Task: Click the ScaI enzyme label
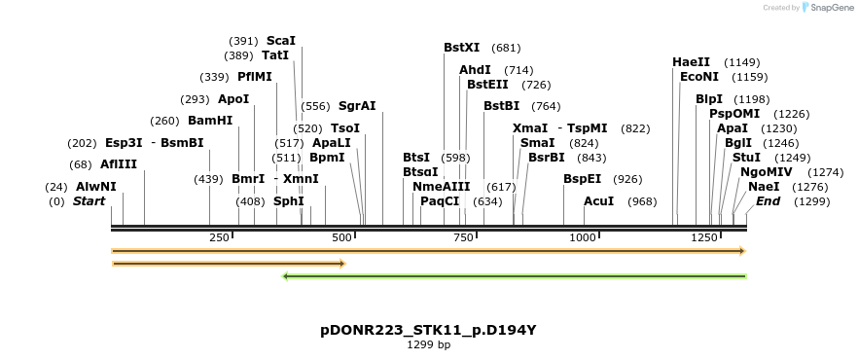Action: [x=280, y=41]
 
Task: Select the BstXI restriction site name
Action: [x=461, y=47]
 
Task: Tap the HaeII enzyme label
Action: [x=691, y=62]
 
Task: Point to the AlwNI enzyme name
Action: [x=95, y=186]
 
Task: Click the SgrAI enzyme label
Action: [x=356, y=106]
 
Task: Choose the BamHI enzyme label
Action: [x=210, y=121]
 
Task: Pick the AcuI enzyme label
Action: [x=598, y=201]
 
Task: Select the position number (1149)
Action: [x=742, y=62]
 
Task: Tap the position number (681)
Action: [x=506, y=47]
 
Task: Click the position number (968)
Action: [x=642, y=201]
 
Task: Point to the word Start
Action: [x=89, y=201]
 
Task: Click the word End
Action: [x=768, y=201]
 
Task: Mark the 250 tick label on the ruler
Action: [x=219, y=237]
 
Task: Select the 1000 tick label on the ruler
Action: [x=583, y=237]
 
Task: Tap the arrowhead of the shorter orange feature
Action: [x=341, y=263]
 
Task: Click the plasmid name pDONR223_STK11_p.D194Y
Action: [x=428, y=330]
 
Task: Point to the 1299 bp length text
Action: [x=428, y=344]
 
